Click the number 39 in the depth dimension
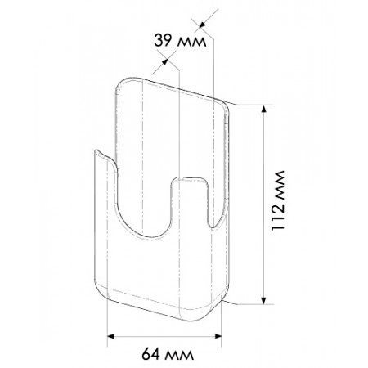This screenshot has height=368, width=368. tap(164, 41)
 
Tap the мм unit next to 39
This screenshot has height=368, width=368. tap(192, 43)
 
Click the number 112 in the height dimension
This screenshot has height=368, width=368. tap(278, 215)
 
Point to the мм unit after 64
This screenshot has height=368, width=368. tap(179, 356)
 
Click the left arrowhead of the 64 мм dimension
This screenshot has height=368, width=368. tap(110, 336)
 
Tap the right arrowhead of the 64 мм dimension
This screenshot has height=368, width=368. tap(218, 336)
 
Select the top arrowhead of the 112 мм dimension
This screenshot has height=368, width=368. tap(263, 109)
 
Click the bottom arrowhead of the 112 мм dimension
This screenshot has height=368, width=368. tap(263, 300)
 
